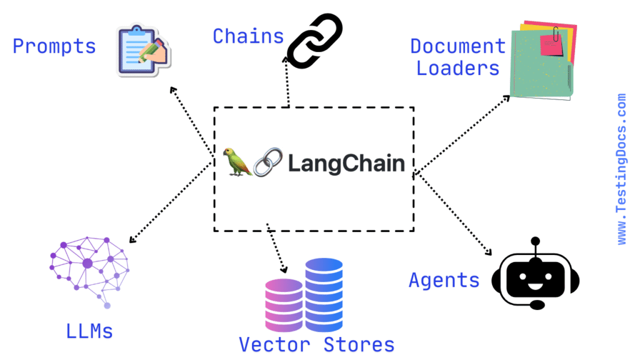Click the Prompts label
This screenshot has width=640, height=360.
click(54, 46)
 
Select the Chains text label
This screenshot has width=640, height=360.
click(248, 36)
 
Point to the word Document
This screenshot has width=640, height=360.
click(457, 46)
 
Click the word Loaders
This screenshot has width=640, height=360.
click(458, 68)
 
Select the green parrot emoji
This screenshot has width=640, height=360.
click(237, 162)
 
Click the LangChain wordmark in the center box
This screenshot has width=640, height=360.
click(346, 164)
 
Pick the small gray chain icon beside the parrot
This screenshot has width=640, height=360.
click(267, 162)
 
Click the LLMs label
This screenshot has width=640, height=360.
click(89, 331)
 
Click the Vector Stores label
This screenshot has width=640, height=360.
click(316, 344)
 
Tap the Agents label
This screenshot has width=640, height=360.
click(444, 280)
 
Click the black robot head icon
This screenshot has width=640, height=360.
click(536, 275)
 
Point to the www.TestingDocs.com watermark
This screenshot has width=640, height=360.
click(621, 169)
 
